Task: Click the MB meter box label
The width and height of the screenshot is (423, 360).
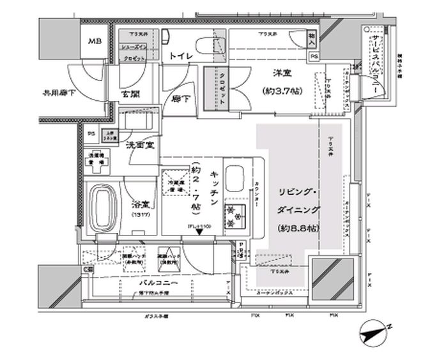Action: point(95,42)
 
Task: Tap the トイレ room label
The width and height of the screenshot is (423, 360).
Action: point(181,57)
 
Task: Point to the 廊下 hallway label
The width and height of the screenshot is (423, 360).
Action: point(181,100)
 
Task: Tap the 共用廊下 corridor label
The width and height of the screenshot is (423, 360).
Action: point(57,93)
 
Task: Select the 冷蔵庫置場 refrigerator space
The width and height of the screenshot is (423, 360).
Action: point(174,184)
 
